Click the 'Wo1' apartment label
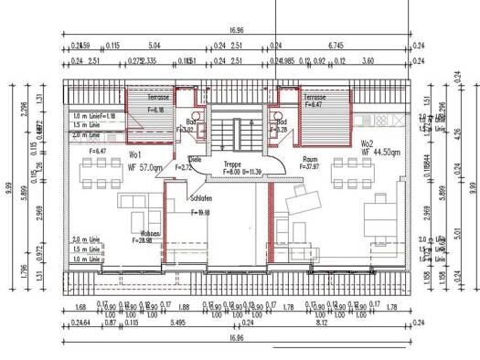tap(135, 154)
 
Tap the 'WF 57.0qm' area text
tap(144, 167)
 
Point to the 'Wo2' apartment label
tap(367, 143)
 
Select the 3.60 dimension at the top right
tap(368, 60)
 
